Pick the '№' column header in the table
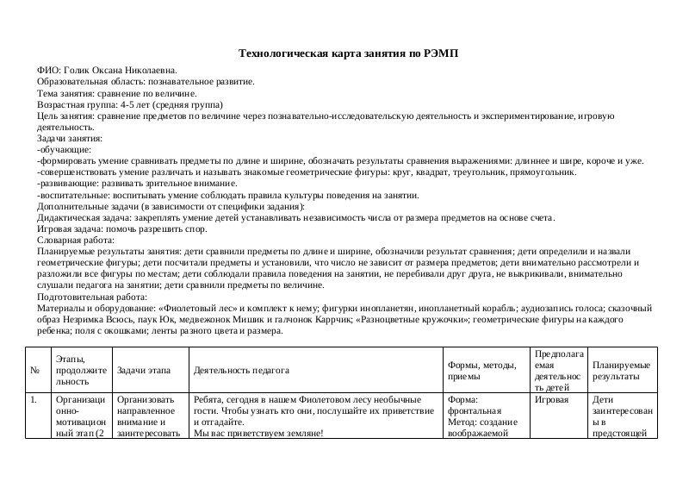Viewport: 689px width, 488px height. [x=34, y=371]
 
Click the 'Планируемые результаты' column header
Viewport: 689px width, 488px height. [x=620, y=371]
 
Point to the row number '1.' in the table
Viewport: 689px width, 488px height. [x=34, y=400]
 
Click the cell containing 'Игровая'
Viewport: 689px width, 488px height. [x=550, y=400]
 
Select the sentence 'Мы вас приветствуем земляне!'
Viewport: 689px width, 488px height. [x=258, y=434]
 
